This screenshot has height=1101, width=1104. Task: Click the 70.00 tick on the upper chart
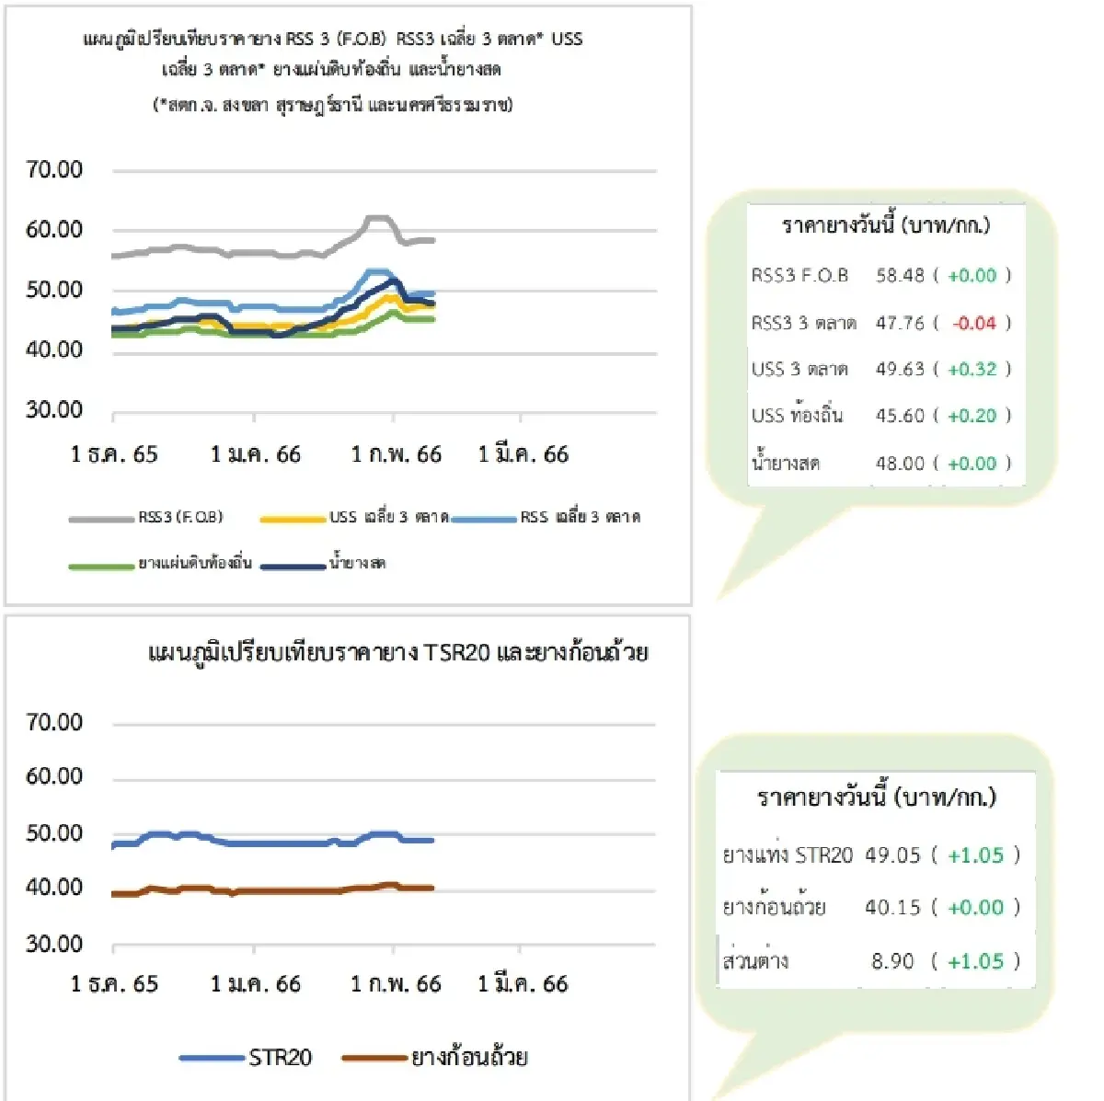pos(54,169)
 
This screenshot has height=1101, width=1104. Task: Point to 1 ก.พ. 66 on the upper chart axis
pos(396,454)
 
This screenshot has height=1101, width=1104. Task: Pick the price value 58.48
pos(900,275)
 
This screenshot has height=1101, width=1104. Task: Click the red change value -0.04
pos(973,323)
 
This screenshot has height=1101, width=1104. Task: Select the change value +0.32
pos(972,369)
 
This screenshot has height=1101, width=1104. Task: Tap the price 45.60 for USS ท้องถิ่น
pos(900,416)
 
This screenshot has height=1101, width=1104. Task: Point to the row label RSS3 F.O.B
pos(799,275)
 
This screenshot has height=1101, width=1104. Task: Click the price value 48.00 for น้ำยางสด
pos(900,464)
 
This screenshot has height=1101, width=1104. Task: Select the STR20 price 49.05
pos(892,855)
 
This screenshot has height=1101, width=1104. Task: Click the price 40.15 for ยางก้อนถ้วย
pos(892,908)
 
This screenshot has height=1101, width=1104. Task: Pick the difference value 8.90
pos(892,962)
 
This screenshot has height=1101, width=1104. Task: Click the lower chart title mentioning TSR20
pos(397,653)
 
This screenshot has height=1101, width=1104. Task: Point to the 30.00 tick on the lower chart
pos(54,945)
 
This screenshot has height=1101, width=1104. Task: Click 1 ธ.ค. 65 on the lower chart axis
pos(114,984)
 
